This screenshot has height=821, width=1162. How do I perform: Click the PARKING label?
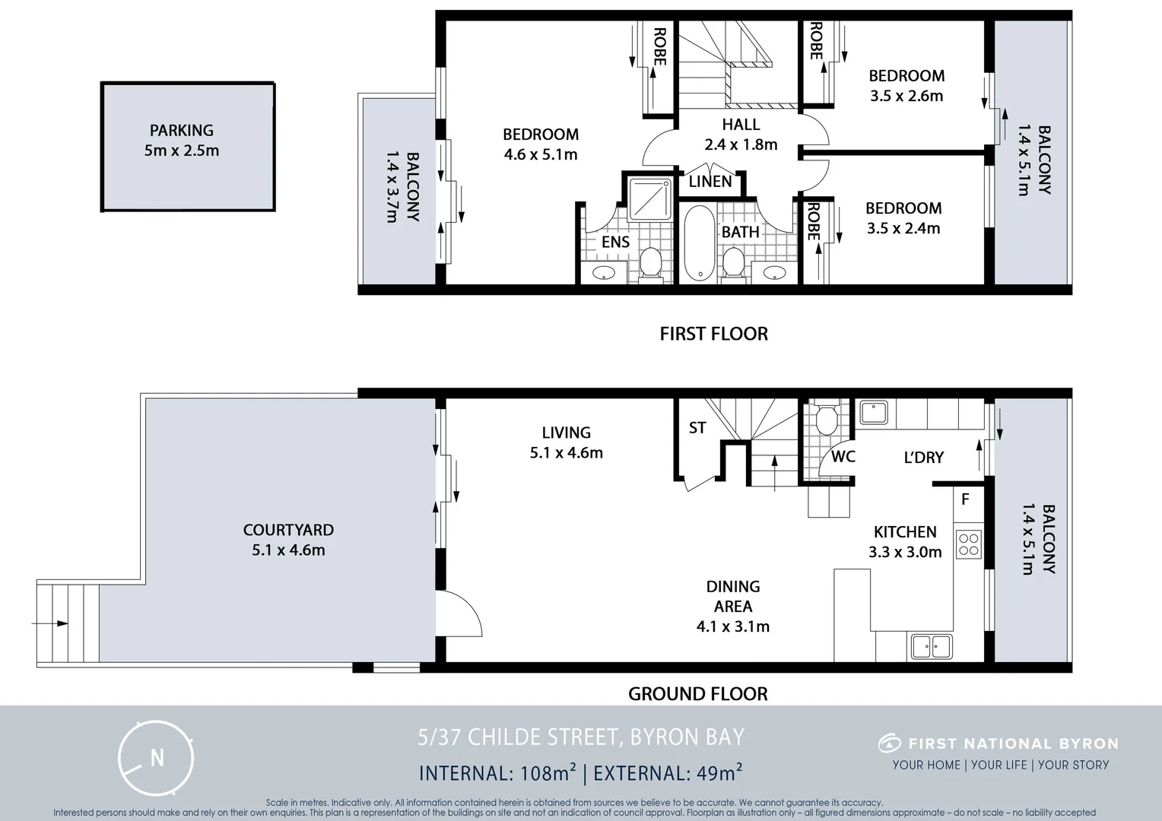[x=182, y=130]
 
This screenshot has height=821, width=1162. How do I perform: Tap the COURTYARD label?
[x=288, y=530]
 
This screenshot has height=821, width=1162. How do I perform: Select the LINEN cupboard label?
[x=710, y=182]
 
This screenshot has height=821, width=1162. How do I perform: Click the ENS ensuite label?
[x=615, y=242]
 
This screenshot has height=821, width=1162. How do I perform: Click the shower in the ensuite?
[x=649, y=198]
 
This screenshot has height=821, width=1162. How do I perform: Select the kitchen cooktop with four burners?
[x=969, y=545]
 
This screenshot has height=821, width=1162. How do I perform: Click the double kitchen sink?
[x=931, y=647]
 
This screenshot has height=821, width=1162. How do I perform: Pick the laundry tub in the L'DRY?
[x=874, y=414]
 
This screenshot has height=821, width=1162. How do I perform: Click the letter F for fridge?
[x=965, y=499]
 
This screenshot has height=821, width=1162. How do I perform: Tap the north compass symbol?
[x=157, y=758]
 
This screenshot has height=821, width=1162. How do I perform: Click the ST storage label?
[x=697, y=428]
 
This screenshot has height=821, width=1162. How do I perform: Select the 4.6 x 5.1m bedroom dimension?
[x=541, y=155]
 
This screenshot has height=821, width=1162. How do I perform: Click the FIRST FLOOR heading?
[x=713, y=334]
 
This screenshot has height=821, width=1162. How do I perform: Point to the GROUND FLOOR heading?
[x=697, y=693]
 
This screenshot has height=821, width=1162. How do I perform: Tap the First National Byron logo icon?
[x=889, y=743]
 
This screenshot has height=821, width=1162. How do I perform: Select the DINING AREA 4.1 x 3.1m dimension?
[x=732, y=626]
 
